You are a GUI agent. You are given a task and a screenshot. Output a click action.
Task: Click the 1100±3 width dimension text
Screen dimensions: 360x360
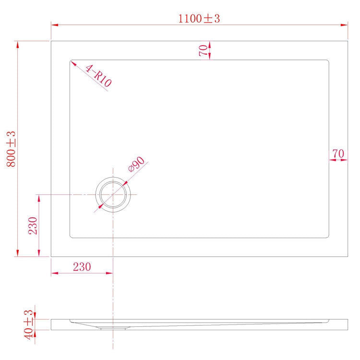[199, 19]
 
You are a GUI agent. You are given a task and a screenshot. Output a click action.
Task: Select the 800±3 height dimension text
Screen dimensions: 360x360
[11, 149]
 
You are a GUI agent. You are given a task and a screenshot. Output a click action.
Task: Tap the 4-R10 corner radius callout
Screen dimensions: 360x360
[98, 76]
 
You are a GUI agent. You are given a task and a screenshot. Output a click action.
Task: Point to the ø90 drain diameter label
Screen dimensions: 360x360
[136, 165]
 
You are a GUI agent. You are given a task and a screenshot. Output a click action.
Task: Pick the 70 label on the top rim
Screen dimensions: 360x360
[204, 50]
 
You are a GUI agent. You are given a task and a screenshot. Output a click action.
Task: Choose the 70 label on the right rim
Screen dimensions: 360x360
[338, 154]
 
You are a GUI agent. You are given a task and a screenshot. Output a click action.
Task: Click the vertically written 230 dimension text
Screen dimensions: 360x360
[33, 225]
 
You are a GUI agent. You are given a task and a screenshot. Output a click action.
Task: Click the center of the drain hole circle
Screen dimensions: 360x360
[113, 194]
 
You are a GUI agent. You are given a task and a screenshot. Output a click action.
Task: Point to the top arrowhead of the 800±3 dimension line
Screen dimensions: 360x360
[18, 45]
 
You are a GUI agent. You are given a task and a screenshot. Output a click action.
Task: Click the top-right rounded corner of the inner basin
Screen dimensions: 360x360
[328, 61]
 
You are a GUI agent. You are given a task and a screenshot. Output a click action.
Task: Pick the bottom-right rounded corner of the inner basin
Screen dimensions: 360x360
[328, 236]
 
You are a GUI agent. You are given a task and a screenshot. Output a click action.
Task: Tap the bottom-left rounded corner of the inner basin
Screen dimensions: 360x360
[71, 236]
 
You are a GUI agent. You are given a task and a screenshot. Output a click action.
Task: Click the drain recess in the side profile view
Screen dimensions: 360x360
[113, 328]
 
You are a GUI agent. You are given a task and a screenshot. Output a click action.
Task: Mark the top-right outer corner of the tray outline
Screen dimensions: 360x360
[348, 41]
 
